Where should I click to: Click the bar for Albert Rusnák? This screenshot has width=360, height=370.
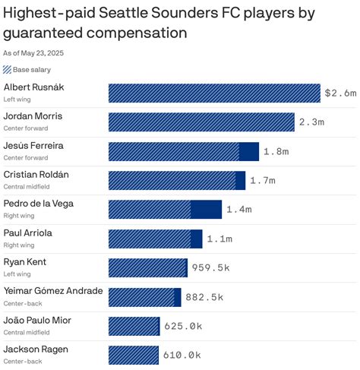(214, 93)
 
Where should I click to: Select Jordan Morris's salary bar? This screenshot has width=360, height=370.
(201, 122)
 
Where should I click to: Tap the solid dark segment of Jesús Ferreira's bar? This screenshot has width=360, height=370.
(249, 151)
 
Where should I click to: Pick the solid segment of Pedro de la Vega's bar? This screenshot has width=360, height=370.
(206, 209)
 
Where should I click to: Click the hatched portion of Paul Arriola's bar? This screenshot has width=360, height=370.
(149, 239)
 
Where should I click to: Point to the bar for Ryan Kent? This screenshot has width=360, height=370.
(147, 267)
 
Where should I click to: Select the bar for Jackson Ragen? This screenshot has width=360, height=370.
(133, 355)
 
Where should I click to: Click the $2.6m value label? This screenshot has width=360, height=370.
(339, 93)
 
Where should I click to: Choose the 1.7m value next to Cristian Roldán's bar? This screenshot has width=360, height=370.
(263, 181)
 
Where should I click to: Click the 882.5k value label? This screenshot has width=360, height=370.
(204, 297)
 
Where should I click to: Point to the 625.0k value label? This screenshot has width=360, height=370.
(183, 326)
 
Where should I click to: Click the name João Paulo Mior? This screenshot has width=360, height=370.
(37, 321)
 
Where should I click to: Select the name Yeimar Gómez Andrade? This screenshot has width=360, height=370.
(53, 292)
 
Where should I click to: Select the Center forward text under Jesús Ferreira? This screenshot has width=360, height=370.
(25, 157)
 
